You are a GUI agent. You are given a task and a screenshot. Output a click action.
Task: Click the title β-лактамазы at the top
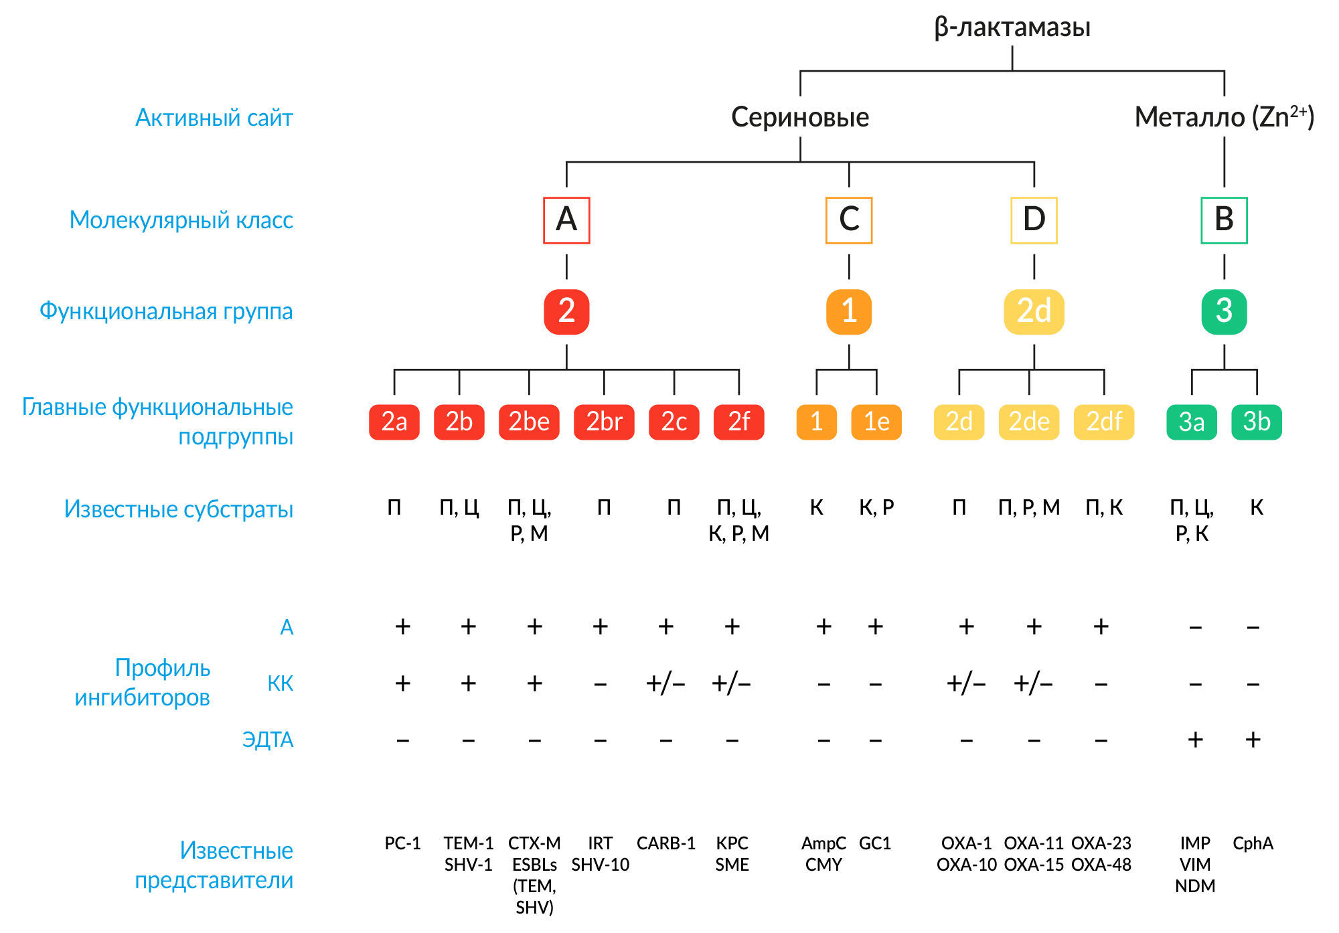[x=1012, y=27]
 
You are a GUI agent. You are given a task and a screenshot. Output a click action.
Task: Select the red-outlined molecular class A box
[x=566, y=220]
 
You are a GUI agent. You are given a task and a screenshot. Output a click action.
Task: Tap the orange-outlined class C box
[x=849, y=220]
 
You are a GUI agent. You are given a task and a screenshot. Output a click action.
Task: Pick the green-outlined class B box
[x=1224, y=220]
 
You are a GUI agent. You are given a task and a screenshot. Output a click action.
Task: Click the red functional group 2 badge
[x=566, y=311]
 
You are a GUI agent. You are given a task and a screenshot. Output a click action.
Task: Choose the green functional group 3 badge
[x=1224, y=311]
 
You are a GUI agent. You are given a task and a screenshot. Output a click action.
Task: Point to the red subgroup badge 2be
[x=529, y=422]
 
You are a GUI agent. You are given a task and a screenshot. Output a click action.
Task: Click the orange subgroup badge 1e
[x=876, y=422]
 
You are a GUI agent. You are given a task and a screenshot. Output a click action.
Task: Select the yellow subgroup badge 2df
[x=1104, y=422]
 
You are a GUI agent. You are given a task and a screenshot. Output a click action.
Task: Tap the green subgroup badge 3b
[x=1257, y=422]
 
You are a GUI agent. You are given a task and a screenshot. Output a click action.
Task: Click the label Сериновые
[x=800, y=118]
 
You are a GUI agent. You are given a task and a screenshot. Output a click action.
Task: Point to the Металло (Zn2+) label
[x=1224, y=118]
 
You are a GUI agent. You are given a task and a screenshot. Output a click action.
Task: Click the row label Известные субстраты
[x=179, y=509]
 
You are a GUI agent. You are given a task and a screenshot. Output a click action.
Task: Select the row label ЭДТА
[x=268, y=740]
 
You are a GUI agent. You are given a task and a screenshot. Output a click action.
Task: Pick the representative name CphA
[x=1253, y=843]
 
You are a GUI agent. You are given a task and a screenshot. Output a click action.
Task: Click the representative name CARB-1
[x=666, y=843]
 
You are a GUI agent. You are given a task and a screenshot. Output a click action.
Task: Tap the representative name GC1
[x=875, y=843]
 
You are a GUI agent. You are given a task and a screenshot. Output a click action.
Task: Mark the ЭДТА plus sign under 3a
[x=1195, y=740]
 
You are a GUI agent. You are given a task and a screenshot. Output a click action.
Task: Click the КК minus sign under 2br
[x=601, y=684]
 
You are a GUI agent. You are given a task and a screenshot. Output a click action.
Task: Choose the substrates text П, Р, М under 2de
[x=1029, y=508]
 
